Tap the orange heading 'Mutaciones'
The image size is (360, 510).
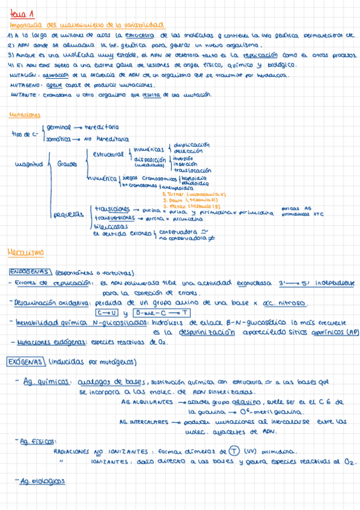pyautogui.click(x=25, y=114)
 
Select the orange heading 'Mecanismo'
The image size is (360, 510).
pyautogui.click(x=23, y=251)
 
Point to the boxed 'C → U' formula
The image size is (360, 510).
pyautogui.click(x=107, y=313)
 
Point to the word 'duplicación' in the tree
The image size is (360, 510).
pyautogui.click(x=191, y=145)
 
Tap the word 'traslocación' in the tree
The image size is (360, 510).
pyautogui.click(x=194, y=170)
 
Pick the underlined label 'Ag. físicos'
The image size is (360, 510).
pyautogui.click(x=34, y=441)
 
